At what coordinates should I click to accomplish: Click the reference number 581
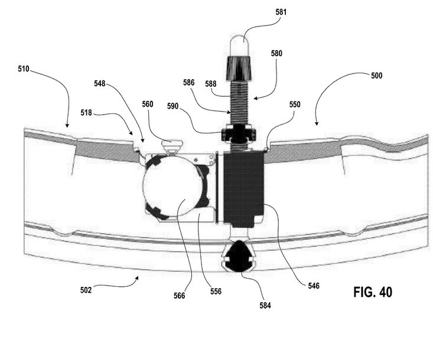click(281, 12)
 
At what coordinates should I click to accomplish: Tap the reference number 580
click(276, 53)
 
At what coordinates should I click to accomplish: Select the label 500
click(376, 76)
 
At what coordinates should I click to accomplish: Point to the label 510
click(24, 68)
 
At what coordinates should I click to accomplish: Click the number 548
click(100, 83)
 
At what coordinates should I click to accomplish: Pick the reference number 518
click(86, 113)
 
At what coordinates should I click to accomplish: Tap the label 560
click(148, 104)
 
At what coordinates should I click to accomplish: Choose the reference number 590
click(172, 106)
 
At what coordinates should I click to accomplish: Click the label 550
click(295, 104)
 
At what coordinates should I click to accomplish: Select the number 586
click(189, 83)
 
